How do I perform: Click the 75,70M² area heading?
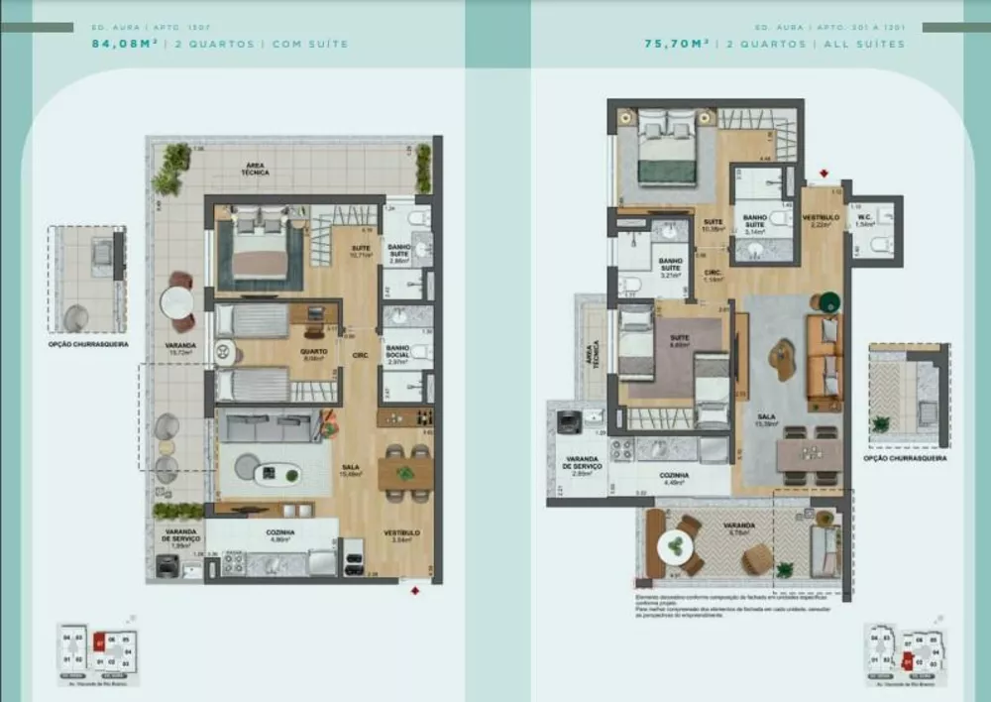tap(678, 44)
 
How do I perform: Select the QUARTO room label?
tap(314, 350)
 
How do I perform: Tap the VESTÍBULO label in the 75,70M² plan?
tap(821, 217)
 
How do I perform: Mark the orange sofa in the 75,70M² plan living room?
tap(823, 361)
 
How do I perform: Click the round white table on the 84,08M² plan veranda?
tap(178, 300)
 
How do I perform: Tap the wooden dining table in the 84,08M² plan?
tap(404, 472)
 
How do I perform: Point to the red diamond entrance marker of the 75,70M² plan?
tap(822, 175)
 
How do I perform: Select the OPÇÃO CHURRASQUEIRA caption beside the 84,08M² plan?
tap(87, 345)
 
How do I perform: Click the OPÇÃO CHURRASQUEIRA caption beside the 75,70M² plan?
tap(905, 458)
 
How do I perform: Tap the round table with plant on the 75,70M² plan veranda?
tap(679, 544)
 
